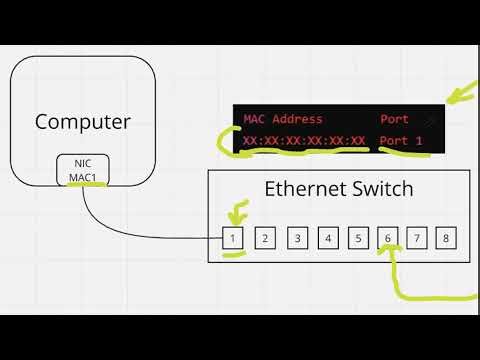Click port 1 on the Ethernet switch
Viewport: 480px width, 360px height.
(233, 238)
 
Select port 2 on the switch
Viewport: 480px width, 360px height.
(265, 238)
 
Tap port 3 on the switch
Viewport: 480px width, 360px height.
(296, 238)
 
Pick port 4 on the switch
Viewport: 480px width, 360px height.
(327, 238)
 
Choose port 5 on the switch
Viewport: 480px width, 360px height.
(358, 238)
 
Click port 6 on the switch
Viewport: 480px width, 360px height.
(388, 238)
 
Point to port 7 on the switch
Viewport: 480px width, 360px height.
(418, 238)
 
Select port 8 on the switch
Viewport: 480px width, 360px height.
(447, 238)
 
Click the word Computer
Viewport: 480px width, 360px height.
(83, 122)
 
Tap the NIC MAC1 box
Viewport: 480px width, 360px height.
(83, 169)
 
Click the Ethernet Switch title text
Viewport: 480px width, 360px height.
(338, 189)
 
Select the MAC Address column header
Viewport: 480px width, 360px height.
(283, 119)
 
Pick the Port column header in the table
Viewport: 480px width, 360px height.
(394, 119)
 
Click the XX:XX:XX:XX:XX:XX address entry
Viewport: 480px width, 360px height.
(304, 142)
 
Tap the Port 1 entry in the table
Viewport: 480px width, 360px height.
(401, 142)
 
